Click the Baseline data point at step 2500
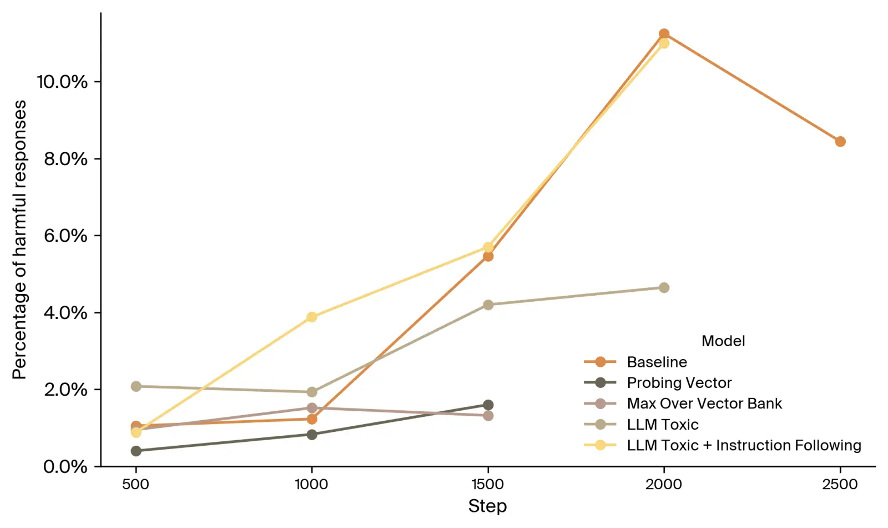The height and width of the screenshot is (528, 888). coord(840,142)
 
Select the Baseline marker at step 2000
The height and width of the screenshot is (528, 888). coord(664,34)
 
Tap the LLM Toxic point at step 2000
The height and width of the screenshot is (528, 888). coord(664,287)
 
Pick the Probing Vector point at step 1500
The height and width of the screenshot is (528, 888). coord(488,405)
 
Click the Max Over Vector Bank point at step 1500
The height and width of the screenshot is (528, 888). coord(488,415)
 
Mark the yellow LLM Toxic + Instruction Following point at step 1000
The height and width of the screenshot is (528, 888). coord(312,317)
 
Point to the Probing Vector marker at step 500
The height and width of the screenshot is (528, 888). coord(136,451)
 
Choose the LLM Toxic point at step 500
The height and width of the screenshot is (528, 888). coord(136,386)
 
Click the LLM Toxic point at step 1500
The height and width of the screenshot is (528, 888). coord(488,305)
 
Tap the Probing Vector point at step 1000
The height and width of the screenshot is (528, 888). coord(312,434)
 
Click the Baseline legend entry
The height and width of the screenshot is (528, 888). coord(657,362)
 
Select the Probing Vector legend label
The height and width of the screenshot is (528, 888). coord(679,382)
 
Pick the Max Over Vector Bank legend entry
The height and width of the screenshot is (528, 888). coord(704,404)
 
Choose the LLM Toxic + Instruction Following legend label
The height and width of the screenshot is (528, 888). coord(744,445)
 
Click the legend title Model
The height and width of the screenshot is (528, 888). coord(723,341)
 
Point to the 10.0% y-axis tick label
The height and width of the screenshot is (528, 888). coord(62,82)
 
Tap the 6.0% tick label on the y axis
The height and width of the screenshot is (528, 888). coord(65,236)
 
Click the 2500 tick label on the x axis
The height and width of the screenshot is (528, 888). coord(840,484)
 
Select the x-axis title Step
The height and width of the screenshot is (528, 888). coord(487,506)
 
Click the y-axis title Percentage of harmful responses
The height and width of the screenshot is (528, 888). coord(20,240)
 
